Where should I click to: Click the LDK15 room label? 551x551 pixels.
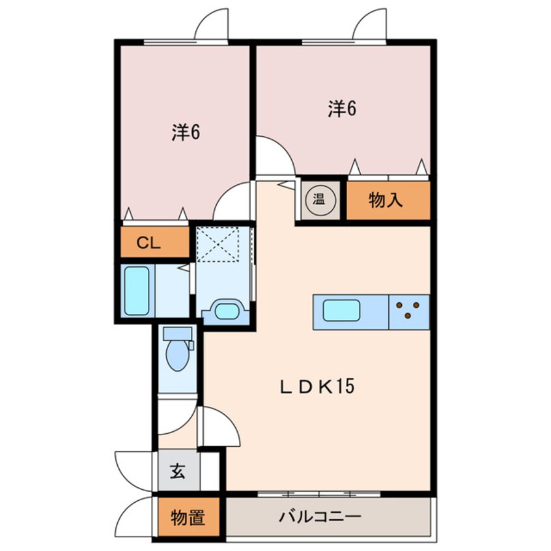click(317, 386)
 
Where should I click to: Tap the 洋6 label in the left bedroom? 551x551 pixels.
click(186, 132)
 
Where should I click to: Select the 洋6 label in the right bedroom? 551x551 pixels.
click(342, 109)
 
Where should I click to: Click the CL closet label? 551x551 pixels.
click(148, 242)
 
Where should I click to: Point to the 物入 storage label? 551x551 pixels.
click(386, 200)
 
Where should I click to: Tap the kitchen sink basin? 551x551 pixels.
click(341, 310)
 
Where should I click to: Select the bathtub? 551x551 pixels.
click(137, 290)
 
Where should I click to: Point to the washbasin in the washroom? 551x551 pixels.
click(227, 311)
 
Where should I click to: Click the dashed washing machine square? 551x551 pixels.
click(218, 244)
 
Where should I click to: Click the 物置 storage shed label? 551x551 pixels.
click(188, 518)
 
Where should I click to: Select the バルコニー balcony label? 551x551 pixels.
click(320, 516)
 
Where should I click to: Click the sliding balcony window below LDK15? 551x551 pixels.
click(318, 494)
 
